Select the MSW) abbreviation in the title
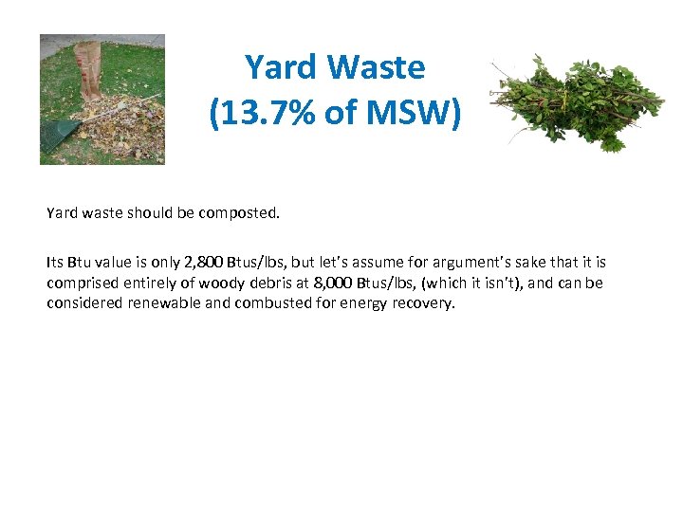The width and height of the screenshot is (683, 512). [414, 112]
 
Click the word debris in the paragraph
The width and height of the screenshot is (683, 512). [267, 283]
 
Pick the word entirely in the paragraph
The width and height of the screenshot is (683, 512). [144, 283]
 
